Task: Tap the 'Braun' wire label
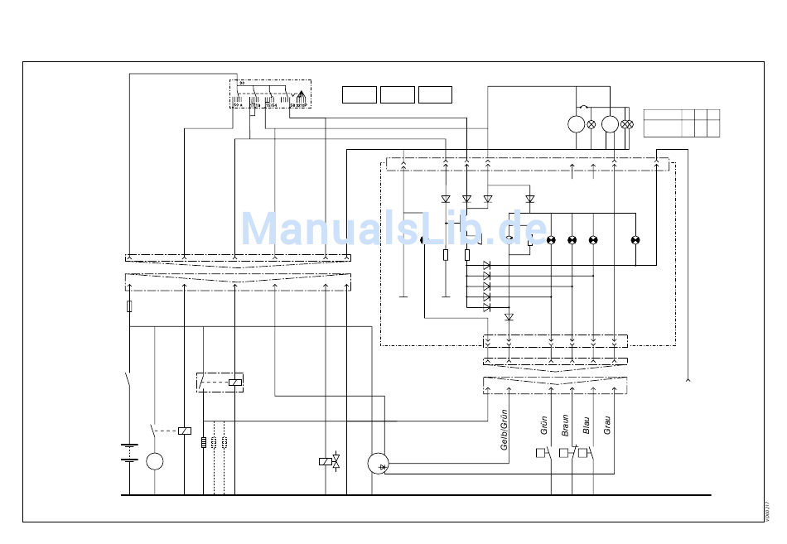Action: [x=566, y=426]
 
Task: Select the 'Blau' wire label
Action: [x=587, y=426]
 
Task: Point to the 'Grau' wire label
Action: [x=607, y=426]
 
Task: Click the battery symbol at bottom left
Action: [x=129, y=453]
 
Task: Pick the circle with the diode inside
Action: [x=379, y=464]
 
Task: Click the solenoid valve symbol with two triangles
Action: [x=336, y=461]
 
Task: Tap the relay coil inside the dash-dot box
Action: [x=235, y=382]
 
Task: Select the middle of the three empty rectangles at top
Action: [x=398, y=94]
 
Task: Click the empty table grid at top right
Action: [x=681, y=123]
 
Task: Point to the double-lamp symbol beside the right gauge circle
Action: [x=627, y=124]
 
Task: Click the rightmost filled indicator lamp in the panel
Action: [x=635, y=240]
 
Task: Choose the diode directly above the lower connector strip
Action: [x=509, y=317]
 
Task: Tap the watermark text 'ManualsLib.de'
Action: [x=393, y=229]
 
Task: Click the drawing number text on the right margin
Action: [x=768, y=511]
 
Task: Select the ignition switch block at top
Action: [x=270, y=94]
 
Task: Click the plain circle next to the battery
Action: [x=155, y=461]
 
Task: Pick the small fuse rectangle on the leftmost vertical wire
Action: [x=129, y=306]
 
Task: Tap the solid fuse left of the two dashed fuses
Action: [x=204, y=442]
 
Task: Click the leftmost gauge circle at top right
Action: [x=577, y=124]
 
